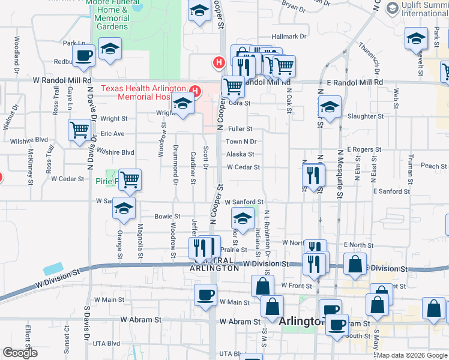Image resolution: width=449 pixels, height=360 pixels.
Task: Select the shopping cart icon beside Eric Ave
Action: pyautogui.click(x=79, y=130)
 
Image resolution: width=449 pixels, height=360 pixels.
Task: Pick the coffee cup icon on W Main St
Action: pyautogui.click(x=206, y=295)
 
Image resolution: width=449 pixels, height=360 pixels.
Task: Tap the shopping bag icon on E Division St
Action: pyautogui.click(x=355, y=264)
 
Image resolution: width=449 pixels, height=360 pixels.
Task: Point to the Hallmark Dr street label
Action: pyautogui.click(x=289, y=37)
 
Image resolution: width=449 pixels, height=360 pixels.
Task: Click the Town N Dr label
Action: pyautogui.click(x=241, y=142)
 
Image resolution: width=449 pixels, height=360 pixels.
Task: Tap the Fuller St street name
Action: pyautogui.click(x=240, y=128)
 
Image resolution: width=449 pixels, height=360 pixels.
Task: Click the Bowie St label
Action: pyautogui.click(x=167, y=216)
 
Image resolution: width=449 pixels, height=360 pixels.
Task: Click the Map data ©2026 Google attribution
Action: pyautogui.click(x=412, y=355)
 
